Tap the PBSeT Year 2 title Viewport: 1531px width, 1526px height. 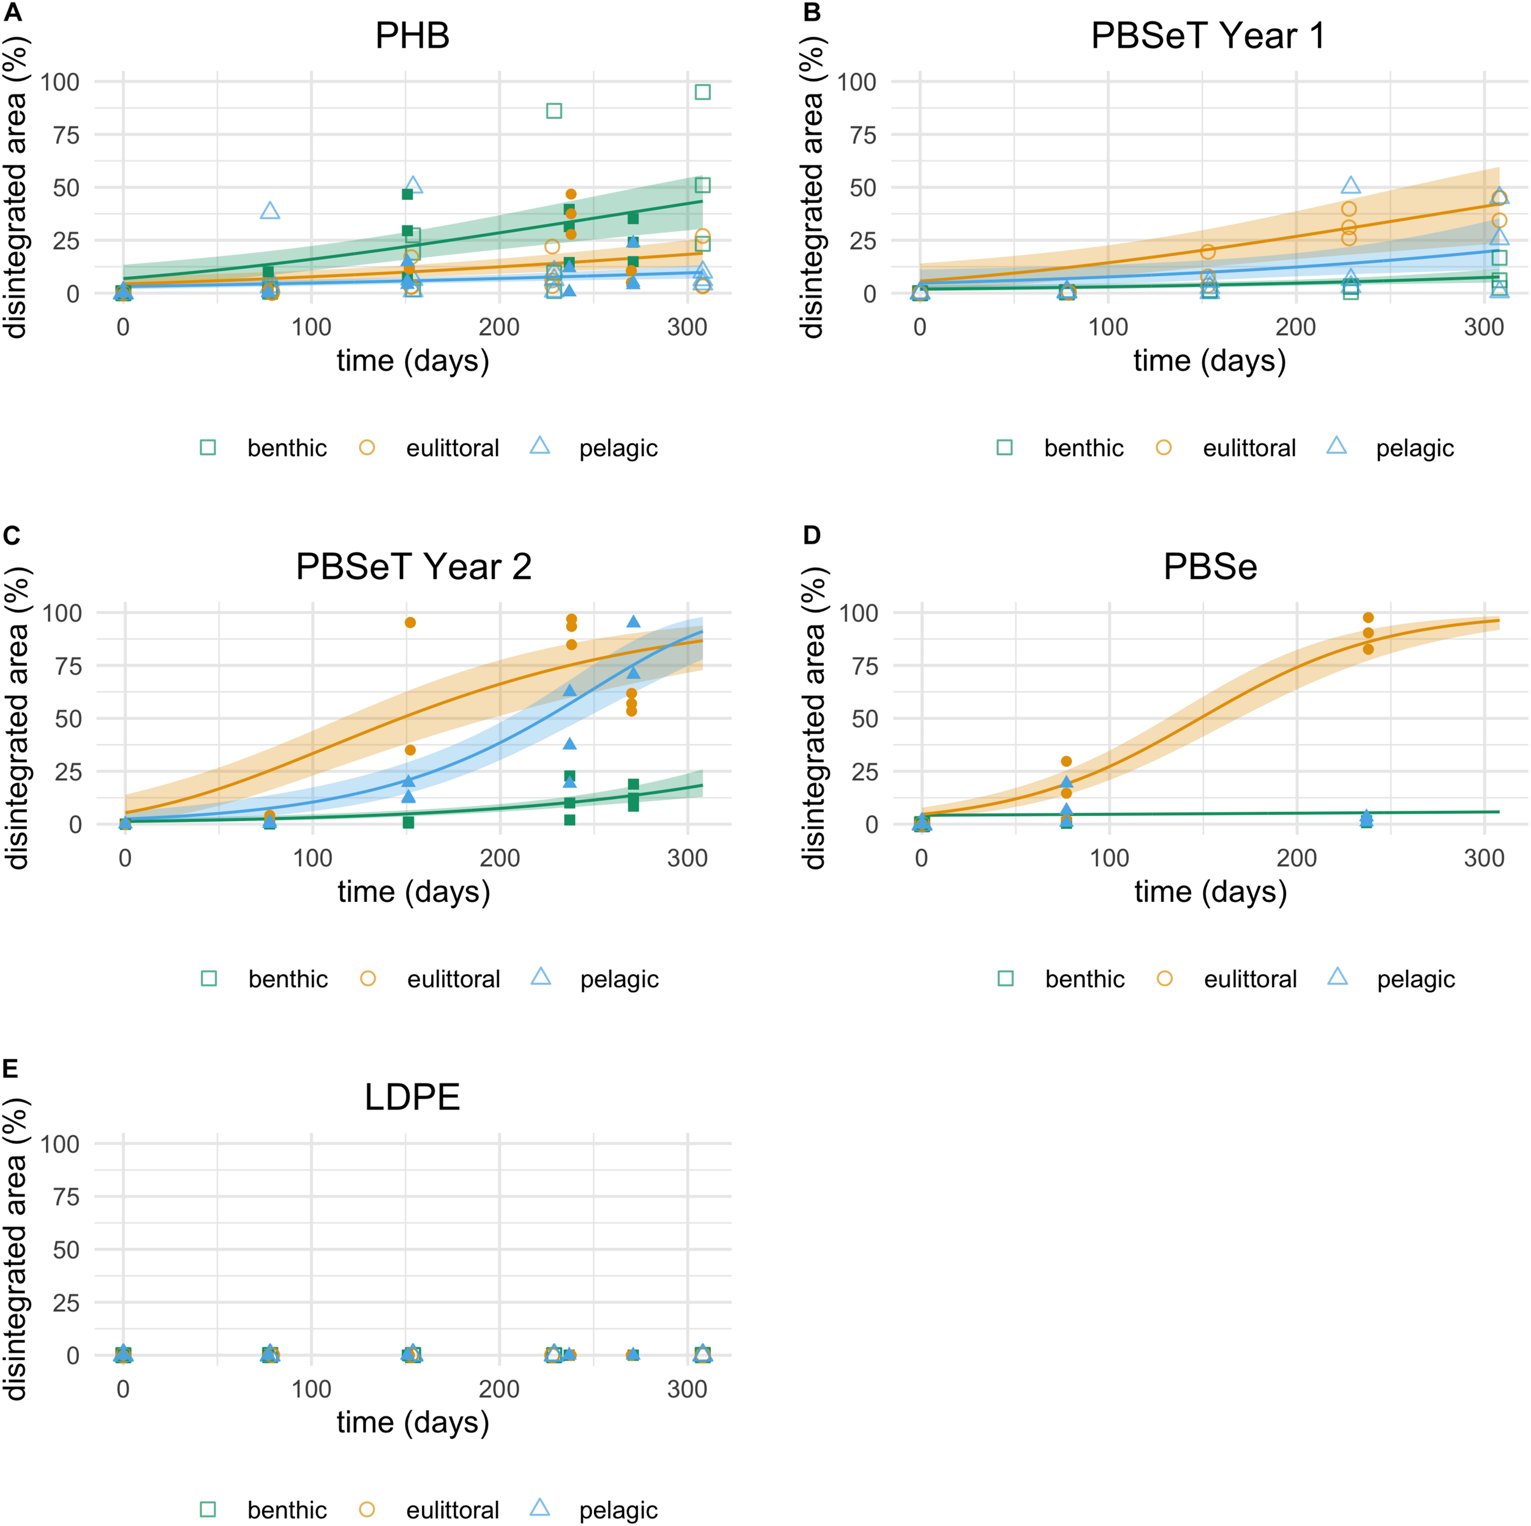(x=413, y=567)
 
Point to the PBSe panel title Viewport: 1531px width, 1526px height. (x=1210, y=567)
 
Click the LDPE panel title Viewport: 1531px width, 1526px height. (x=412, y=1097)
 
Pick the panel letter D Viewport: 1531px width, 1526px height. (x=811, y=536)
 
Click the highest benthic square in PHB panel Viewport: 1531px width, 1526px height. (x=702, y=92)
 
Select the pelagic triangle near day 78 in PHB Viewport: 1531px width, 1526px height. (x=270, y=211)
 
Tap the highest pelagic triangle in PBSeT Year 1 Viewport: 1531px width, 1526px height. (x=1351, y=186)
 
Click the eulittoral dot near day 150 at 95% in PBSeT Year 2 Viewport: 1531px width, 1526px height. (x=410, y=623)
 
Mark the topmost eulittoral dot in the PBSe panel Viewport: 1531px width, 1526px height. (x=1367, y=618)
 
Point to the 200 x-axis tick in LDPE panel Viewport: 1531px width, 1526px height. (x=499, y=1389)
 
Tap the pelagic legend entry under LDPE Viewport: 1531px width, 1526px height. (x=594, y=1510)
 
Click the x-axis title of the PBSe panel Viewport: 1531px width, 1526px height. (x=1210, y=892)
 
